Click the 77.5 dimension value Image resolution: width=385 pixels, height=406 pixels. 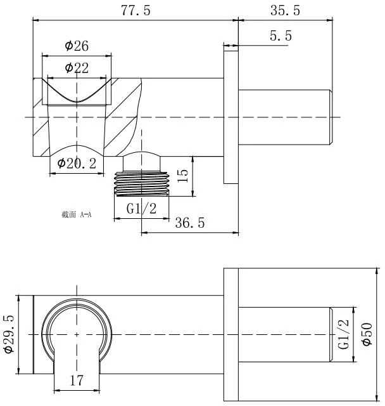point(136,11)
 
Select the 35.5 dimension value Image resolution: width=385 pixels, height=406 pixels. point(285,11)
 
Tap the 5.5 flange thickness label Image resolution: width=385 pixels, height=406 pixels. point(281,36)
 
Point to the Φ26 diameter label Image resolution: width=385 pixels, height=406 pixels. point(77,46)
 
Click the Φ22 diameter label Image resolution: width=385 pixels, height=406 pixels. point(77,68)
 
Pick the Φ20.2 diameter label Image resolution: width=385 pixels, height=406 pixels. point(77,164)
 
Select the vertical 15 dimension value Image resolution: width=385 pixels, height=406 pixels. point(182,176)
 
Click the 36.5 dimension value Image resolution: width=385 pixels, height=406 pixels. point(190,223)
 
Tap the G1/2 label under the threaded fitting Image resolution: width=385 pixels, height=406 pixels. point(141,209)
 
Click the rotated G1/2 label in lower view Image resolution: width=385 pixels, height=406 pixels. point(343,334)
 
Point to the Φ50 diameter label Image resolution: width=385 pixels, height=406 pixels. point(367,334)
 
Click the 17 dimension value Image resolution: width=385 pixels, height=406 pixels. point(77,381)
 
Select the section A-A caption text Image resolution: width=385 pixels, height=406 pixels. point(77,214)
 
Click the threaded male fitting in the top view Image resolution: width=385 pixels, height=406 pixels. point(142,183)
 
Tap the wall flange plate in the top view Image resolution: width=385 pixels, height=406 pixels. point(230,117)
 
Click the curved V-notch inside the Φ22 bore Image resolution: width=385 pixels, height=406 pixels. point(77,101)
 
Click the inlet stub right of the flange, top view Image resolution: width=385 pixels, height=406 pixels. point(285,117)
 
